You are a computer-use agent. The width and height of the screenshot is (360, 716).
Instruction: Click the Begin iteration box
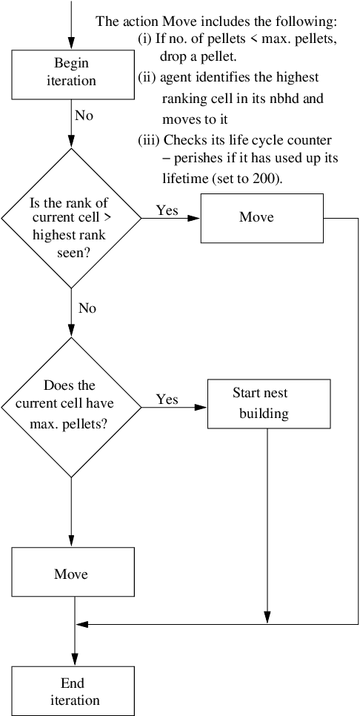pyautogui.click(x=71, y=72)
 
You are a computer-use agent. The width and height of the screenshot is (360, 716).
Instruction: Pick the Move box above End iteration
pyautogui.click(x=71, y=574)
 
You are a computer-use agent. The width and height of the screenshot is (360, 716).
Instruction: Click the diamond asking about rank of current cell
pyautogui.click(x=71, y=218)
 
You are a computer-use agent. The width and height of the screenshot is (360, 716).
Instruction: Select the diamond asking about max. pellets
pyautogui.click(x=71, y=407)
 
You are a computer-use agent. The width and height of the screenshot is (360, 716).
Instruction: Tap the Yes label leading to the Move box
pyautogui.click(x=167, y=211)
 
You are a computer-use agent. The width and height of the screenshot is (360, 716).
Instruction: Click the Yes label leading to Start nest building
pyautogui.click(x=167, y=400)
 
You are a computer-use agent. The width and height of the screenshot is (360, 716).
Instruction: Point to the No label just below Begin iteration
pyautogui.click(x=84, y=116)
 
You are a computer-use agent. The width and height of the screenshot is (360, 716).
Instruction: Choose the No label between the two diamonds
pyautogui.click(x=87, y=308)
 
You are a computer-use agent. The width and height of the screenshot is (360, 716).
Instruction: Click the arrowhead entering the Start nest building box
pyautogui.click(x=201, y=407)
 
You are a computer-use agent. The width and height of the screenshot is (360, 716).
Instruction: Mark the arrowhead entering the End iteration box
pyautogui.click(x=74, y=660)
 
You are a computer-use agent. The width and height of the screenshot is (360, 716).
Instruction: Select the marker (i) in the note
pyautogui.click(x=145, y=39)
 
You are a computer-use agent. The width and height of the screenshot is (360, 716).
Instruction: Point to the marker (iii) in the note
pyautogui.click(x=148, y=139)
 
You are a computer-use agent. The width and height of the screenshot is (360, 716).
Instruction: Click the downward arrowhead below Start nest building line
pyautogui.click(x=266, y=618)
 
